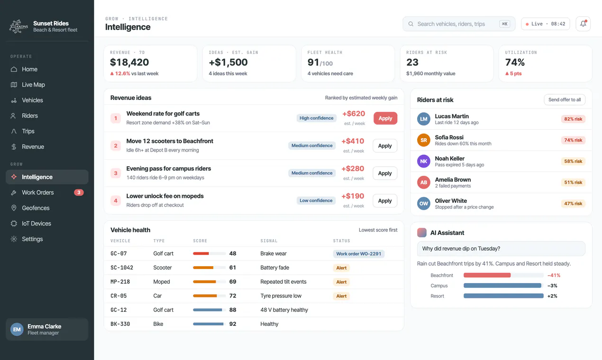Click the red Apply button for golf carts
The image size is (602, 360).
tap(385, 118)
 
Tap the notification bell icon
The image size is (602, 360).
tap(583, 24)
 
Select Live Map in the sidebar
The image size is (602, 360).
tap(33, 85)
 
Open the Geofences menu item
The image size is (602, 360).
tap(36, 208)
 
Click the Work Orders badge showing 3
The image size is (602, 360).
tap(79, 192)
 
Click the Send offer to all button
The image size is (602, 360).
tap(565, 99)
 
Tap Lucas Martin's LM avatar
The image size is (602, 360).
tap(424, 119)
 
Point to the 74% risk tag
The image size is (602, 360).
tap(573, 140)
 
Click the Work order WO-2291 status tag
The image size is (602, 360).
tap(358, 253)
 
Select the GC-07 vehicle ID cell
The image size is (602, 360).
tap(119, 253)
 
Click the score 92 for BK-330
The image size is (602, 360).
tap(232, 324)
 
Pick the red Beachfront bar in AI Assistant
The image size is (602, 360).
tap(487, 275)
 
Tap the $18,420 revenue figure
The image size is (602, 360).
tap(129, 63)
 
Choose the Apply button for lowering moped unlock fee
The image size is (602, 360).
tap(385, 201)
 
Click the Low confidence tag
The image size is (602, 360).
tap(316, 200)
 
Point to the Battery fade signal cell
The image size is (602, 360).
tap(274, 268)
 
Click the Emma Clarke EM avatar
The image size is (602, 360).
tap(17, 329)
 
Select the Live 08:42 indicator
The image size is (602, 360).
tap(545, 24)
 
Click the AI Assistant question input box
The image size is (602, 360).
tap(501, 249)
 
